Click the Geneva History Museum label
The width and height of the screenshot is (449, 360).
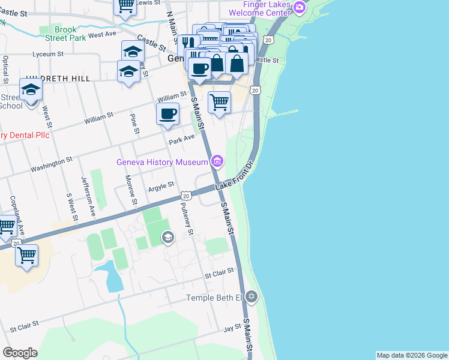click(162, 162)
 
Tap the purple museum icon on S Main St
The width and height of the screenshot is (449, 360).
click(217, 161)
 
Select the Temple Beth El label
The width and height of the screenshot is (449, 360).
click(213, 298)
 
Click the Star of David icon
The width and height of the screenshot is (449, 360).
click(252, 296)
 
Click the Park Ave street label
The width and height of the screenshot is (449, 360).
click(182, 140)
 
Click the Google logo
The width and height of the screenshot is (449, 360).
click(20, 353)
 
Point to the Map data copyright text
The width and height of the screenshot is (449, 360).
click(412, 355)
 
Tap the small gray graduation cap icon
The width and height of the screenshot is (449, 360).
click(168, 239)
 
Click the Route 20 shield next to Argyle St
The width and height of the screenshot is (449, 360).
click(186, 196)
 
